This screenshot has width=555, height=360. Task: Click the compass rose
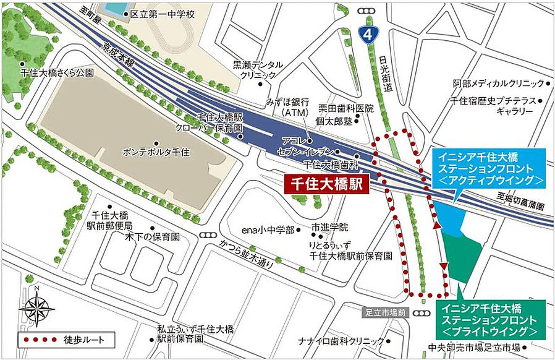36,307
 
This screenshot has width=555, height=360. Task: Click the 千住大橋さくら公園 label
56,72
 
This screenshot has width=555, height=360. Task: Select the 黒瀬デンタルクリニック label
258,69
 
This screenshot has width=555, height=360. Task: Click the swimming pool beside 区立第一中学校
112,8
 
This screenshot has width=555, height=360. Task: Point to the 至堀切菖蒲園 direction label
522,202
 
